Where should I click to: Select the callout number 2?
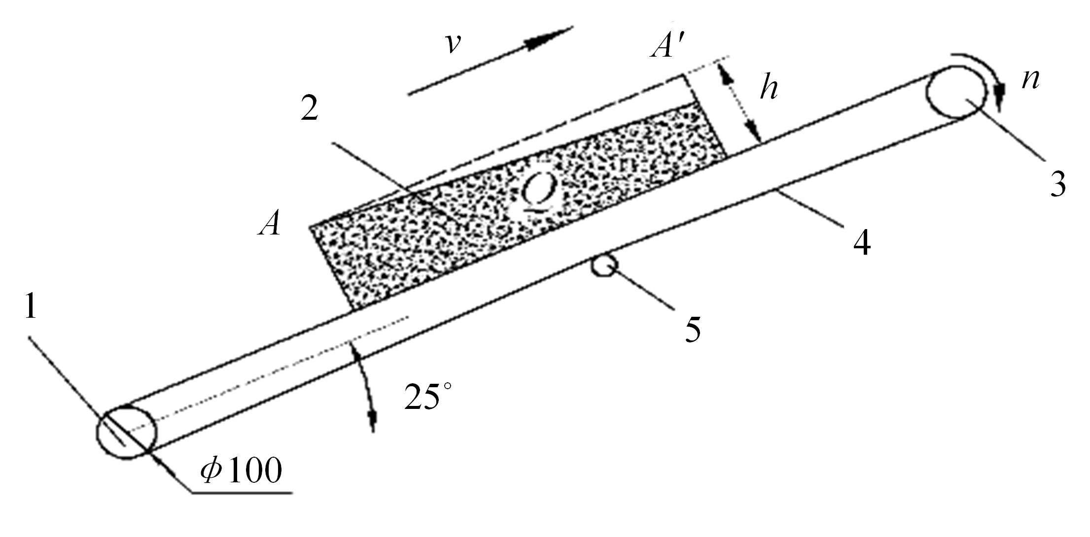(310, 110)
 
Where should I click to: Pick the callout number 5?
(692, 329)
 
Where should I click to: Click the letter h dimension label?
(769, 89)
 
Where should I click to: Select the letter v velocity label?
(453, 44)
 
